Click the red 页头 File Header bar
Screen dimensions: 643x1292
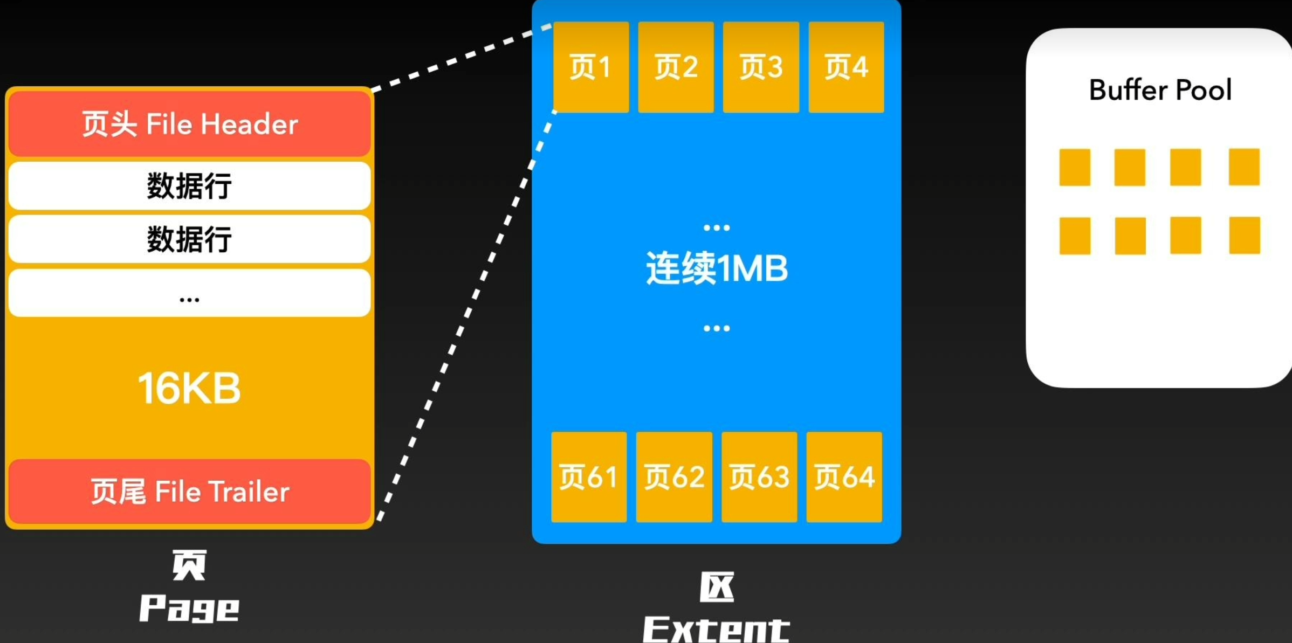[x=189, y=124]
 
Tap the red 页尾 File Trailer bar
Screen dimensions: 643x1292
[x=189, y=491]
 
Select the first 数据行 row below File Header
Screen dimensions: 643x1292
[x=189, y=186]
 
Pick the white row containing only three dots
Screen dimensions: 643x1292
[x=189, y=293]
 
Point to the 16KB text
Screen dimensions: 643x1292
[x=189, y=388]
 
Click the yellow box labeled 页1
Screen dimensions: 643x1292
[x=591, y=67]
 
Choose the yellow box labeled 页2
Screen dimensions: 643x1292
[x=676, y=67]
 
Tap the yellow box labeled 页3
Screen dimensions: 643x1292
[x=761, y=67]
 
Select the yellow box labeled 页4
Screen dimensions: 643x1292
[x=846, y=67]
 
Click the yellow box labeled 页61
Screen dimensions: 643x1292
[x=589, y=477]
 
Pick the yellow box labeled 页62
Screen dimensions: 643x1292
[x=674, y=477]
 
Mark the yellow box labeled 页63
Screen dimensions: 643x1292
[x=759, y=477]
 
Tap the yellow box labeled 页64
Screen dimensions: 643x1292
[x=844, y=477]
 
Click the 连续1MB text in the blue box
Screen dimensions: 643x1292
[x=717, y=268]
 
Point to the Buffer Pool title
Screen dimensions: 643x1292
[x=1160, y=90]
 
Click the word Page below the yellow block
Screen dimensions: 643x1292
[x=189, y=609]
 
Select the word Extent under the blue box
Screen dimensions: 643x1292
[x=717, y=628]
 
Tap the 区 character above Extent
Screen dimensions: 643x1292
[x=717, y=587]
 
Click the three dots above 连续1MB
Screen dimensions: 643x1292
[x=717, y=228]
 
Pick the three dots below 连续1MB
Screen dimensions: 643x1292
[x=717, y=328]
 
